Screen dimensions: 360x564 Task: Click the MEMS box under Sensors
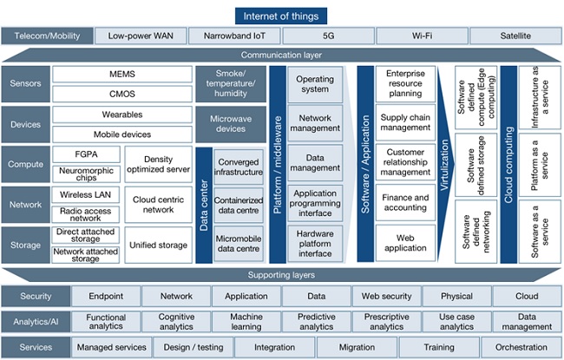click(x=121, y=75)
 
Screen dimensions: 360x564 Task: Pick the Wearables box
click(x=121, y=115)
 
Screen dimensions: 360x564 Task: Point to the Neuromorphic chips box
click(x=85, y=171)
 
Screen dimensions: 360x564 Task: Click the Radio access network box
click(x=85, y=213)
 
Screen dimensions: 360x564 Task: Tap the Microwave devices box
click(x=230, y=123)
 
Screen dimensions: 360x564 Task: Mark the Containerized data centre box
click(x=239, y=205)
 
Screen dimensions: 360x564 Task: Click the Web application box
click(x=406, y=243)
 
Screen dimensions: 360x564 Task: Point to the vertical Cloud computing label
click(x=508, y=165)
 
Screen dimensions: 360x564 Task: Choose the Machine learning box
click(x=246, y=322)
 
